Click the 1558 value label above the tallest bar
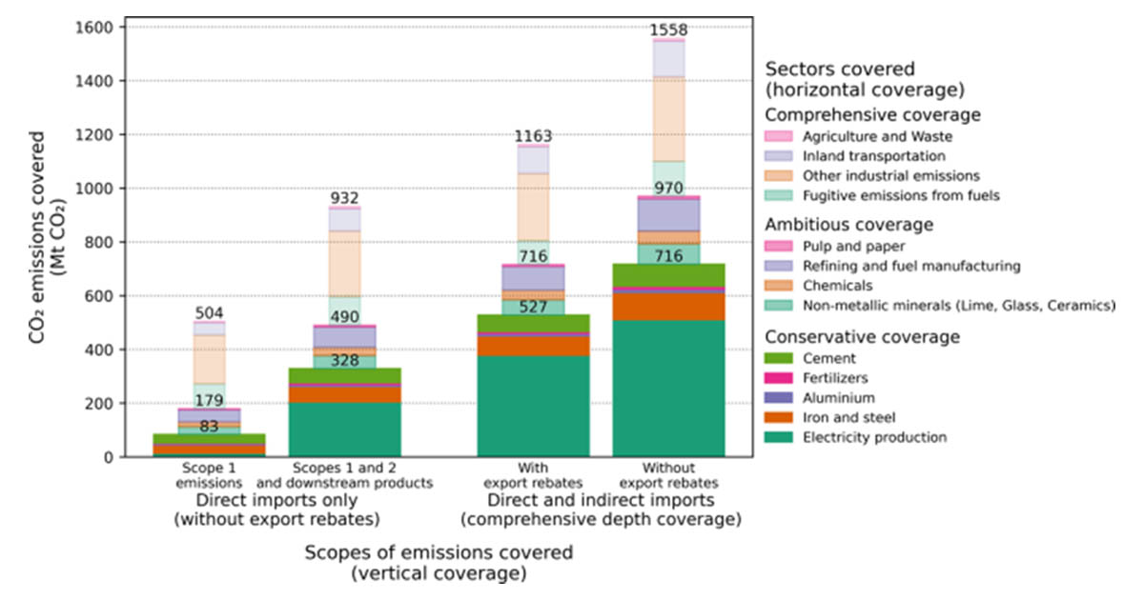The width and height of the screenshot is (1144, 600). pos(668,30)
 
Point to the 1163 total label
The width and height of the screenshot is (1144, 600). pos(532,136)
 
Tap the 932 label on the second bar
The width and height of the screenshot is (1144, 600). pos(344,197)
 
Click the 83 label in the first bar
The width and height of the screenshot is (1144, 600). pos(209,428)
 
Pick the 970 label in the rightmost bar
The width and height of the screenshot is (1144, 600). pos(668,188)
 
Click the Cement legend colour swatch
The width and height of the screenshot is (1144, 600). pos(778,358)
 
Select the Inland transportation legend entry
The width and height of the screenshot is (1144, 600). pos(860,155)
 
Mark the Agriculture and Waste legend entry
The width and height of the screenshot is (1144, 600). pos(864,136)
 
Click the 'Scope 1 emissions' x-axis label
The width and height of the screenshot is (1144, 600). pos(209,476)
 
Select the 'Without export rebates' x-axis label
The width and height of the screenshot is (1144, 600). pos(668,476)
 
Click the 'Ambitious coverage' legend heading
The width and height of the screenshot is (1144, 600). pos(849,226)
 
